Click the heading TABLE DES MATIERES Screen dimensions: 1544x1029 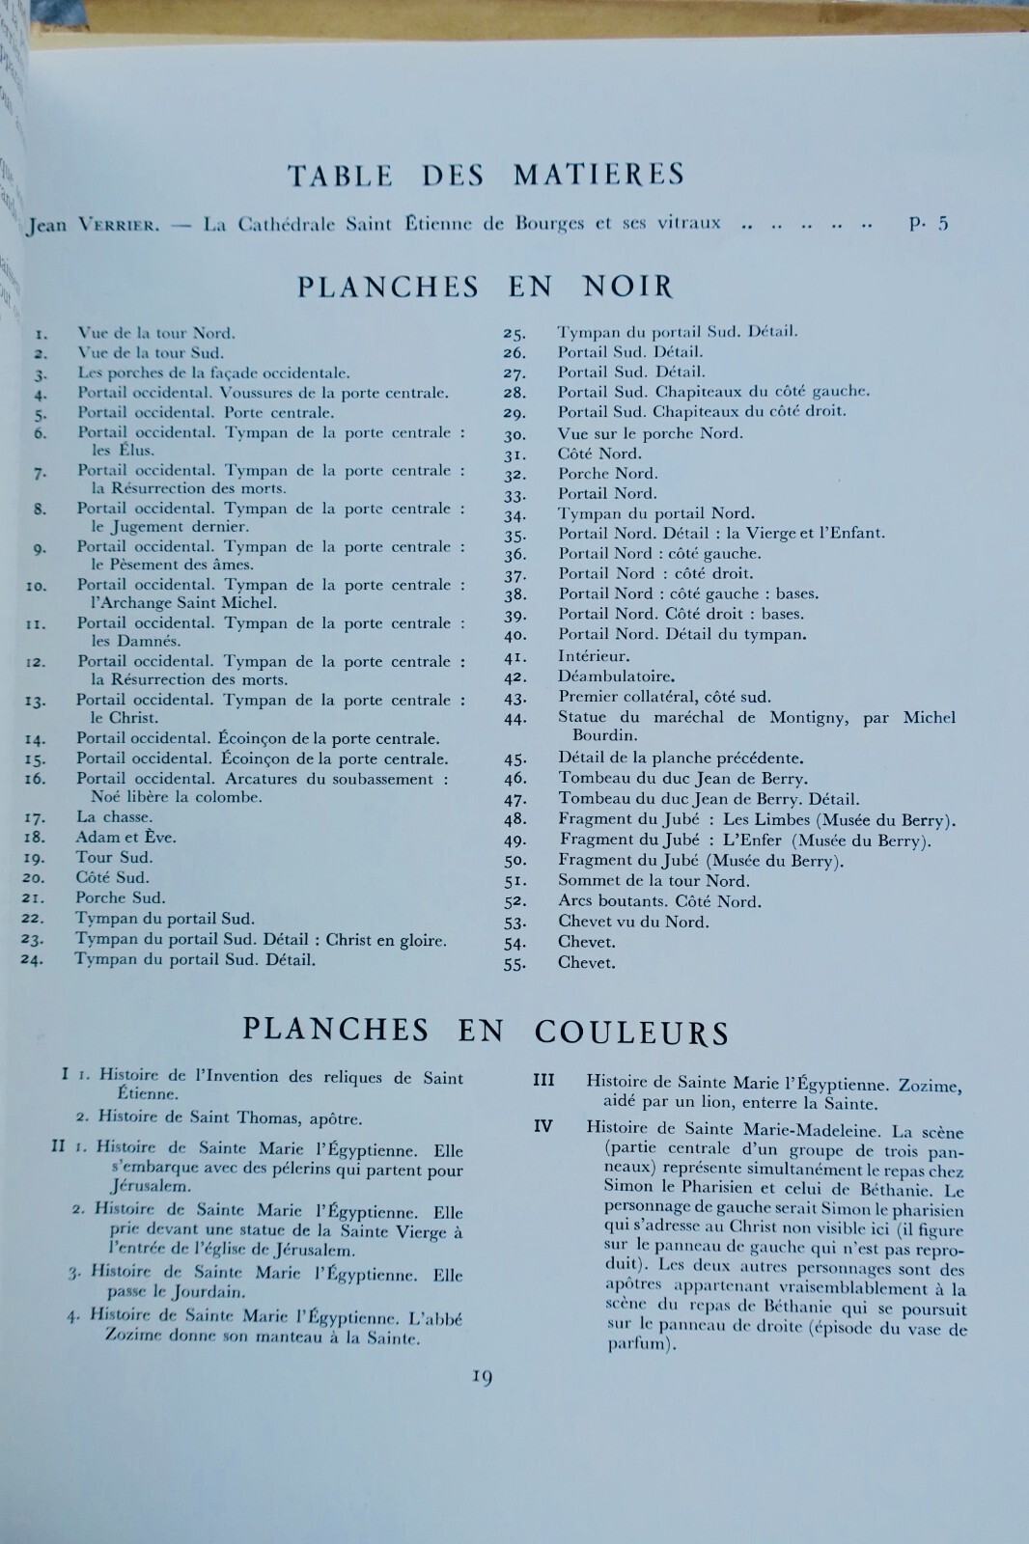coord(486,175)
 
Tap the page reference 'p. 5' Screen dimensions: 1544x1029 coord(929,224)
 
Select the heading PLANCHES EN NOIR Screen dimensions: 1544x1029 coord(485,287)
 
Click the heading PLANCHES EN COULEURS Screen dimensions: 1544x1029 coord(486,1031)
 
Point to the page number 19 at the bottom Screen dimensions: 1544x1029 coord(483,1377)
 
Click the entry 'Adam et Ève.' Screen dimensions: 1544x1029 coord(125,837)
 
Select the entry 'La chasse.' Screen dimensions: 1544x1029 coord(114,816)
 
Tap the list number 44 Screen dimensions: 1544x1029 coord(514,719)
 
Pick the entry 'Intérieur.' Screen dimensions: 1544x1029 coord(594,656)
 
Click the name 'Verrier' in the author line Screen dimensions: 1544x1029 coord(121,226)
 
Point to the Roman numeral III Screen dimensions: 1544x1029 coord(543,1079)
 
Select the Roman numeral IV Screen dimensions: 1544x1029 coord(543,1126)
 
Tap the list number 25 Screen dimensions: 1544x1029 coord(514,334)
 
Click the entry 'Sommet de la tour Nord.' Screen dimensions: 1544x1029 coord(654,880)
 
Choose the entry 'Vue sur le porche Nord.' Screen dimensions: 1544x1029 coord(650,433)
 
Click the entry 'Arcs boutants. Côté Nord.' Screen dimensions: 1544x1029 coord(659,901)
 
